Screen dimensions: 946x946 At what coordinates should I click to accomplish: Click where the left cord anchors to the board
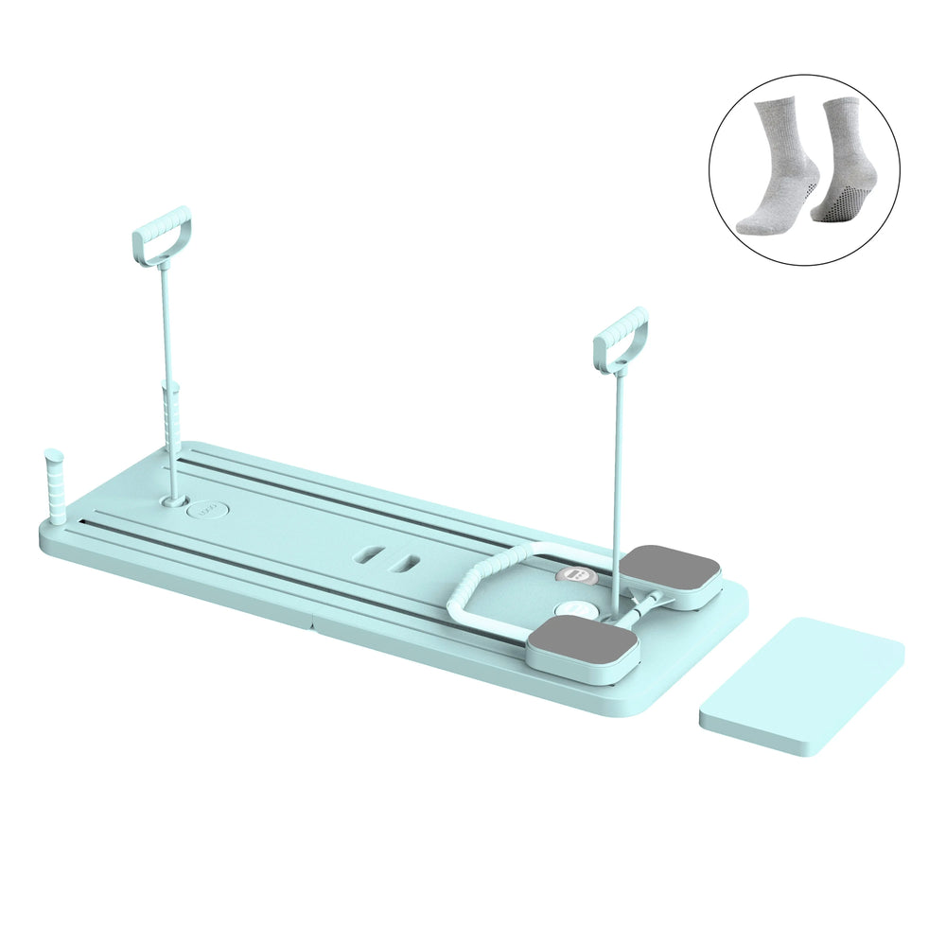174,495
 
